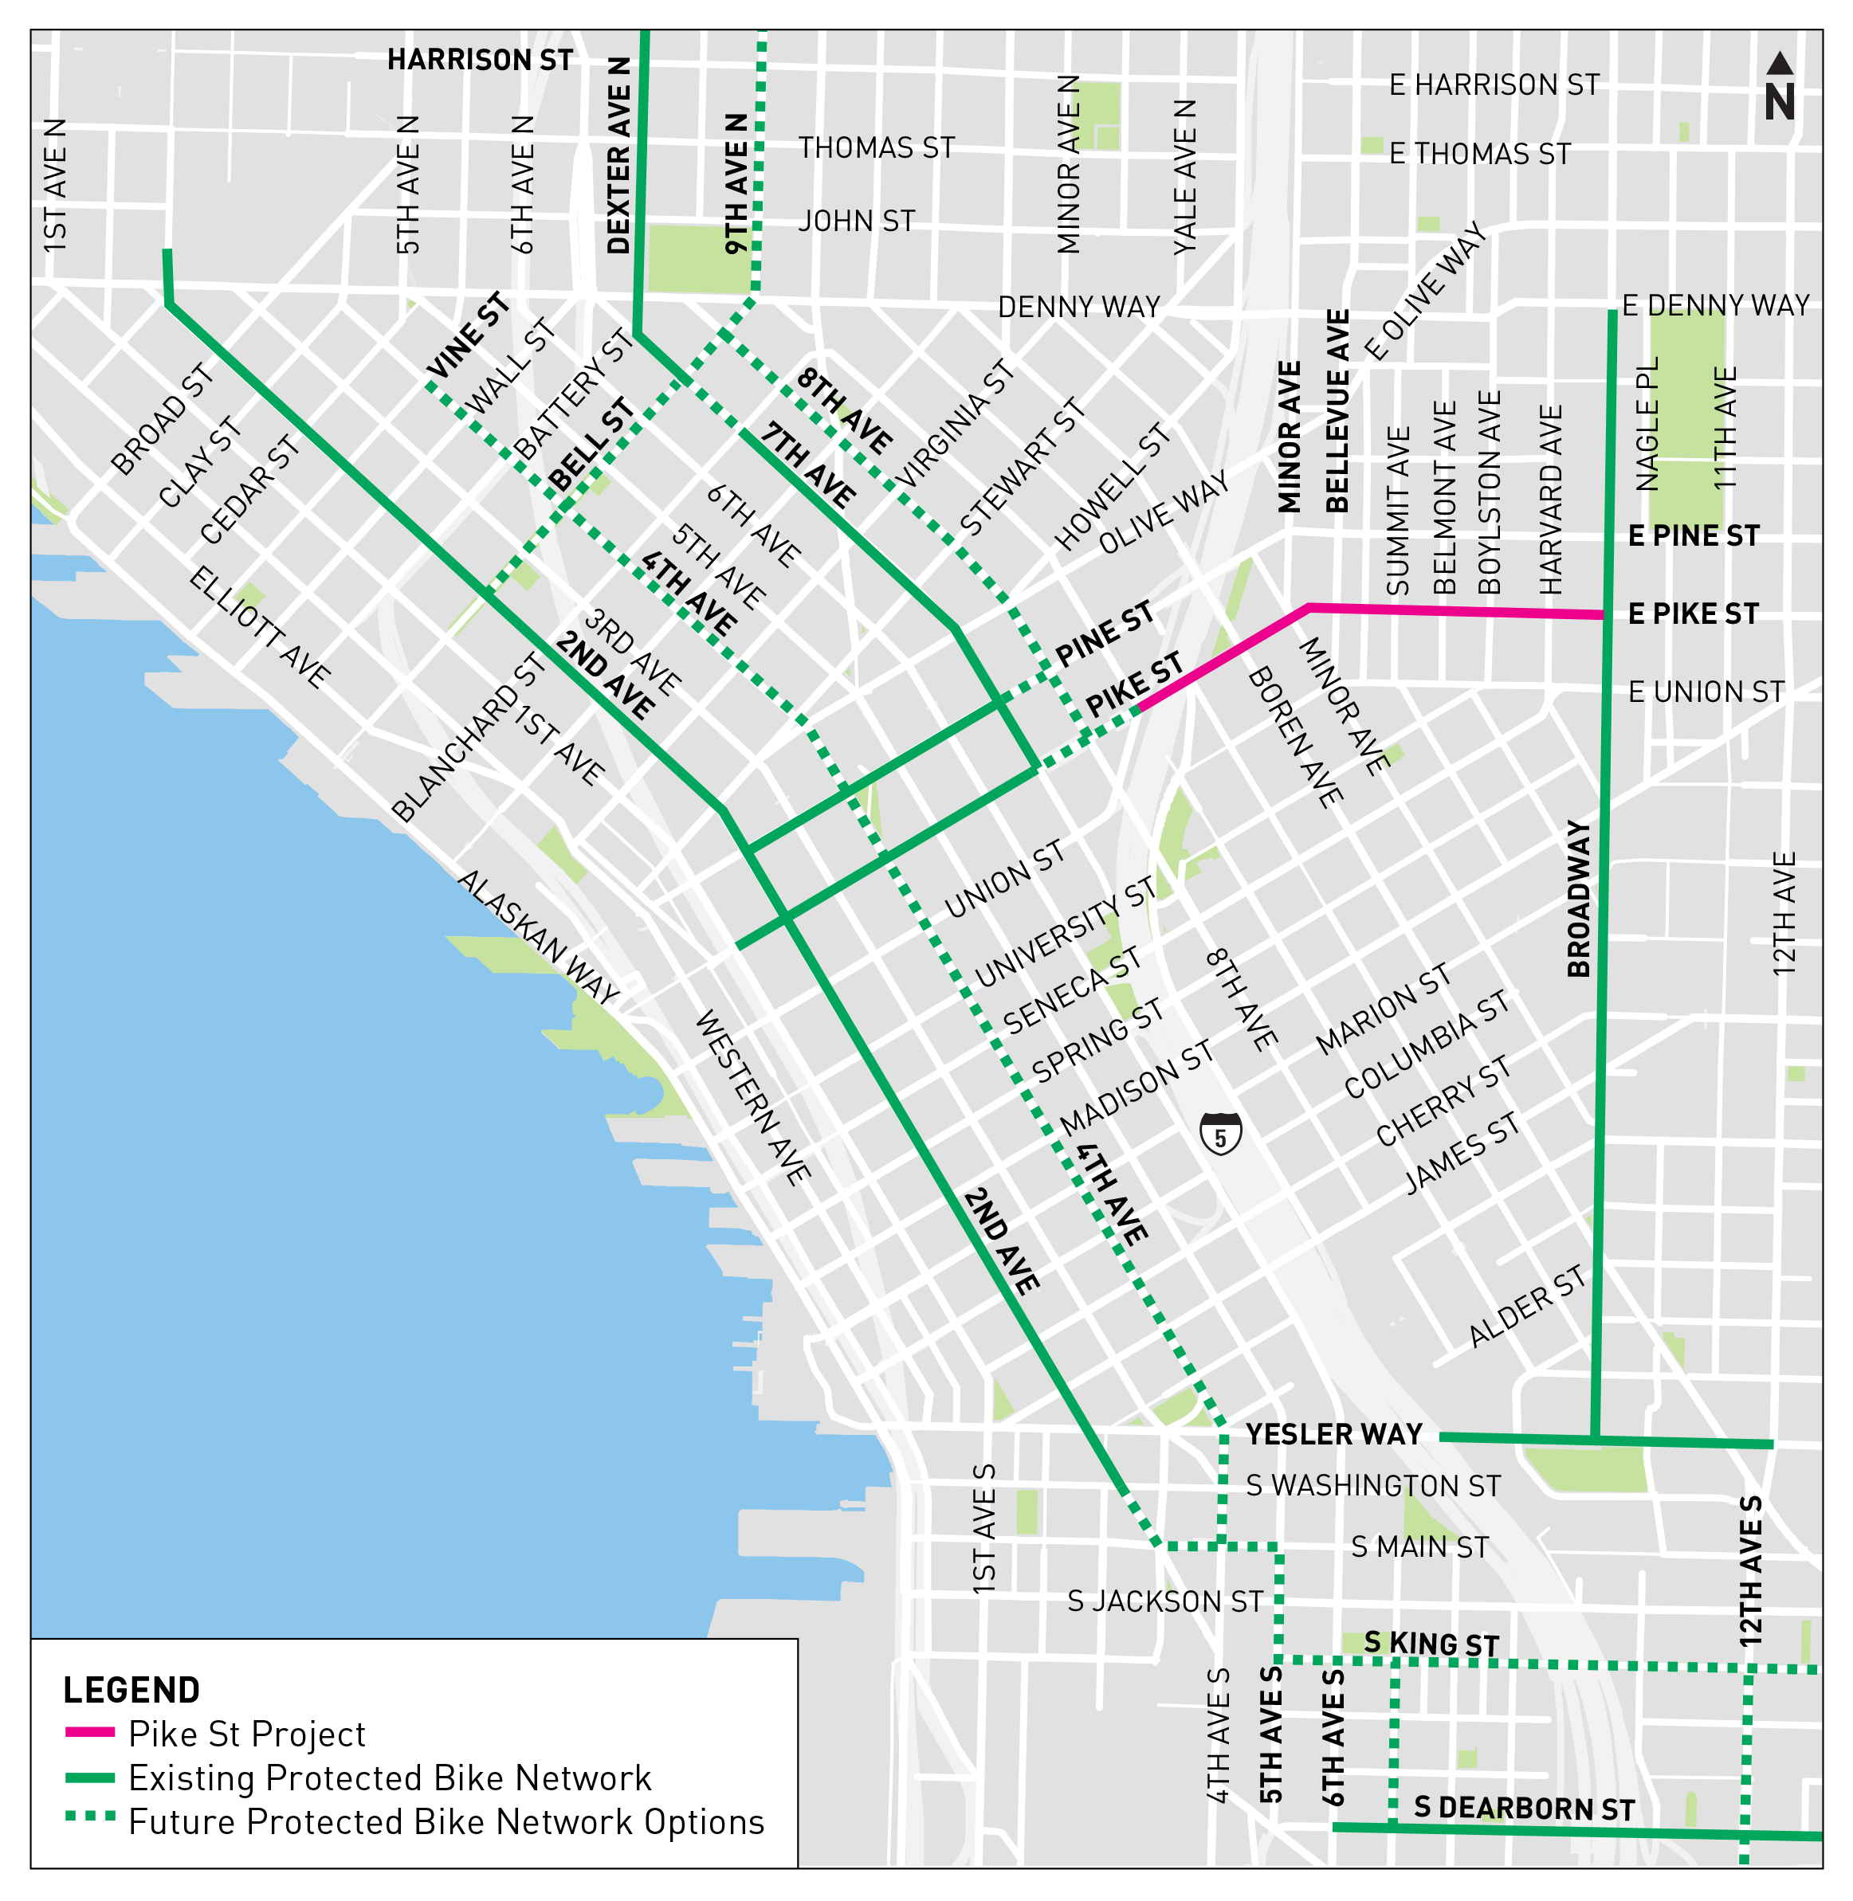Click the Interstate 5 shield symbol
coord(1220,1134)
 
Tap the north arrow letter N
coord(1780,102)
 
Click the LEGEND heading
coord(132,1691)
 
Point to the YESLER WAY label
coord(1333,1434)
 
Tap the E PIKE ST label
coord(1694,614)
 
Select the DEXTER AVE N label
coord(619,155)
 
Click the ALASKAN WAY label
coord(538,937)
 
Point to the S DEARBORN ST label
coord(1524,1808)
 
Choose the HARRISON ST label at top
coord(480,61)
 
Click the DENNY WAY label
coord(1078,308)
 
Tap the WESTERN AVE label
coord(752,1097)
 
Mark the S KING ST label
coord(1431,1643)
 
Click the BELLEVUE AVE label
coord(1338,412)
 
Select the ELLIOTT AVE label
coord(259,628)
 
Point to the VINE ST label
coord(469,335)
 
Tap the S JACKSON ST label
coord(1165,1601)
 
